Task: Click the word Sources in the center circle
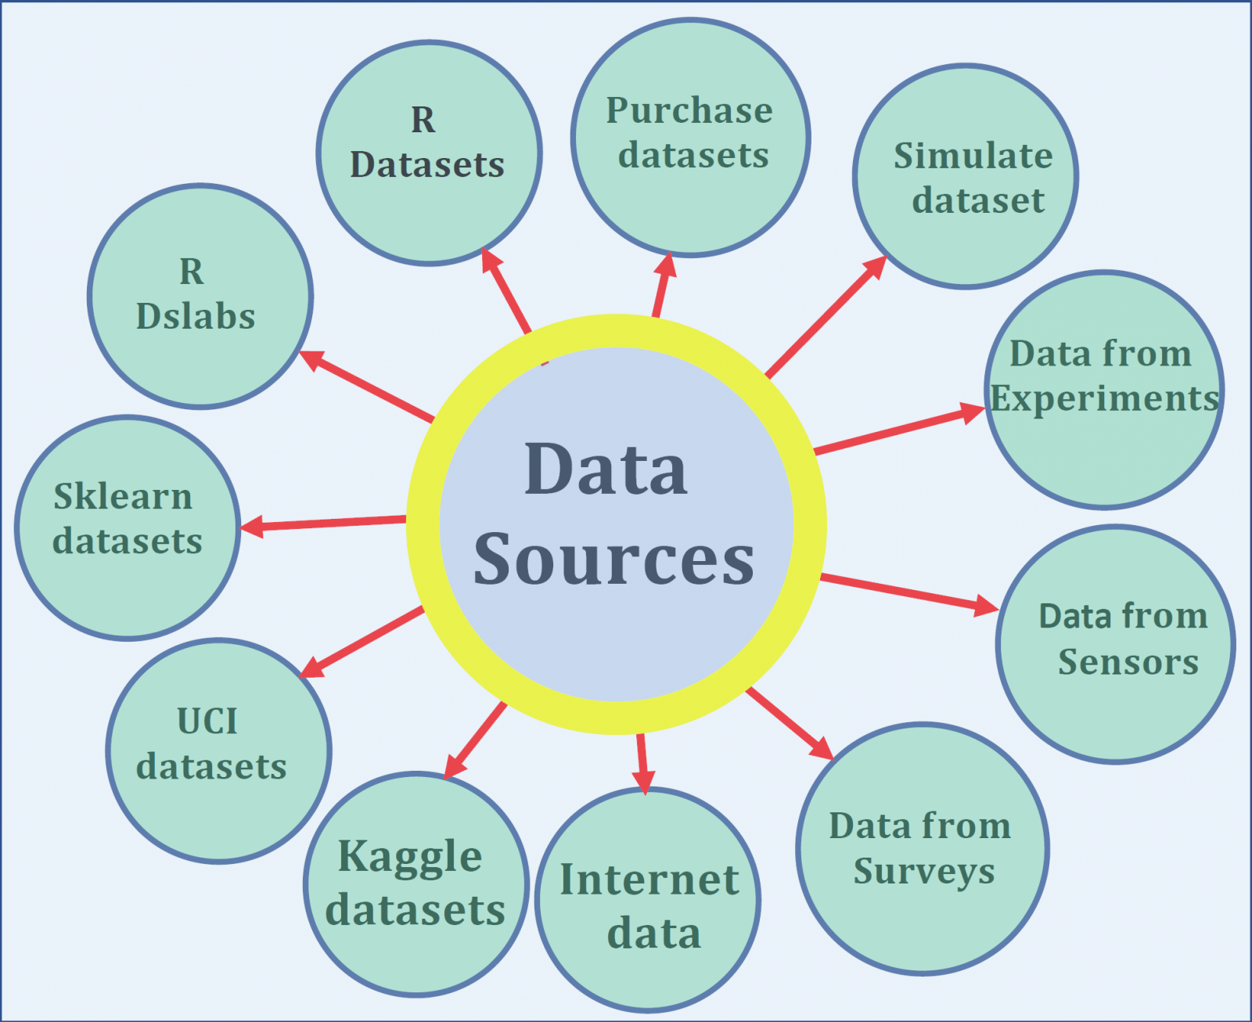613,559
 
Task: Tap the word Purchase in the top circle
689,111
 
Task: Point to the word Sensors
1128,662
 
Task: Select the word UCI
207,722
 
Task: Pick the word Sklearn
123,496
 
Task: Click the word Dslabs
196,316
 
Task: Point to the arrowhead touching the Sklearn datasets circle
252,526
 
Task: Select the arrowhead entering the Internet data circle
644,782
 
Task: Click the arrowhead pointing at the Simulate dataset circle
875,268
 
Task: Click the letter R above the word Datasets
423,120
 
